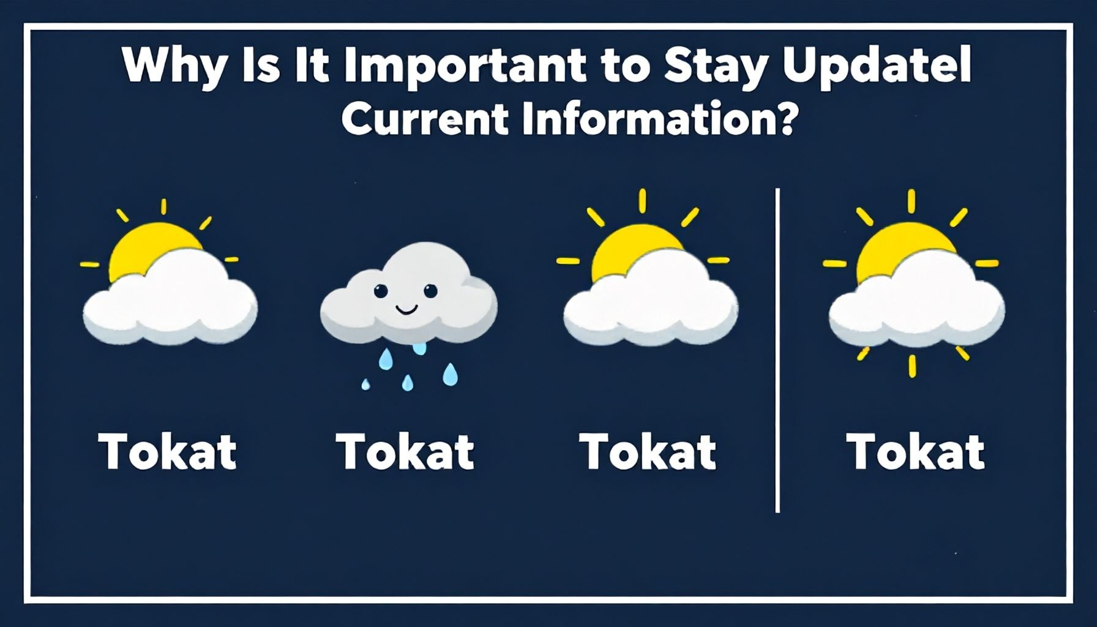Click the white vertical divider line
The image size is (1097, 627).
(777, 350)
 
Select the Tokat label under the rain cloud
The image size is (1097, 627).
(405, 451)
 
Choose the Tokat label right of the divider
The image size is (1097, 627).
(916, 451)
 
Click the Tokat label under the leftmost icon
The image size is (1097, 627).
(168, 451)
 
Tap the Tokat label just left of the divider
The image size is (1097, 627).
(648, 451)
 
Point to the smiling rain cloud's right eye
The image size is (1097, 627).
(430, 290)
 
